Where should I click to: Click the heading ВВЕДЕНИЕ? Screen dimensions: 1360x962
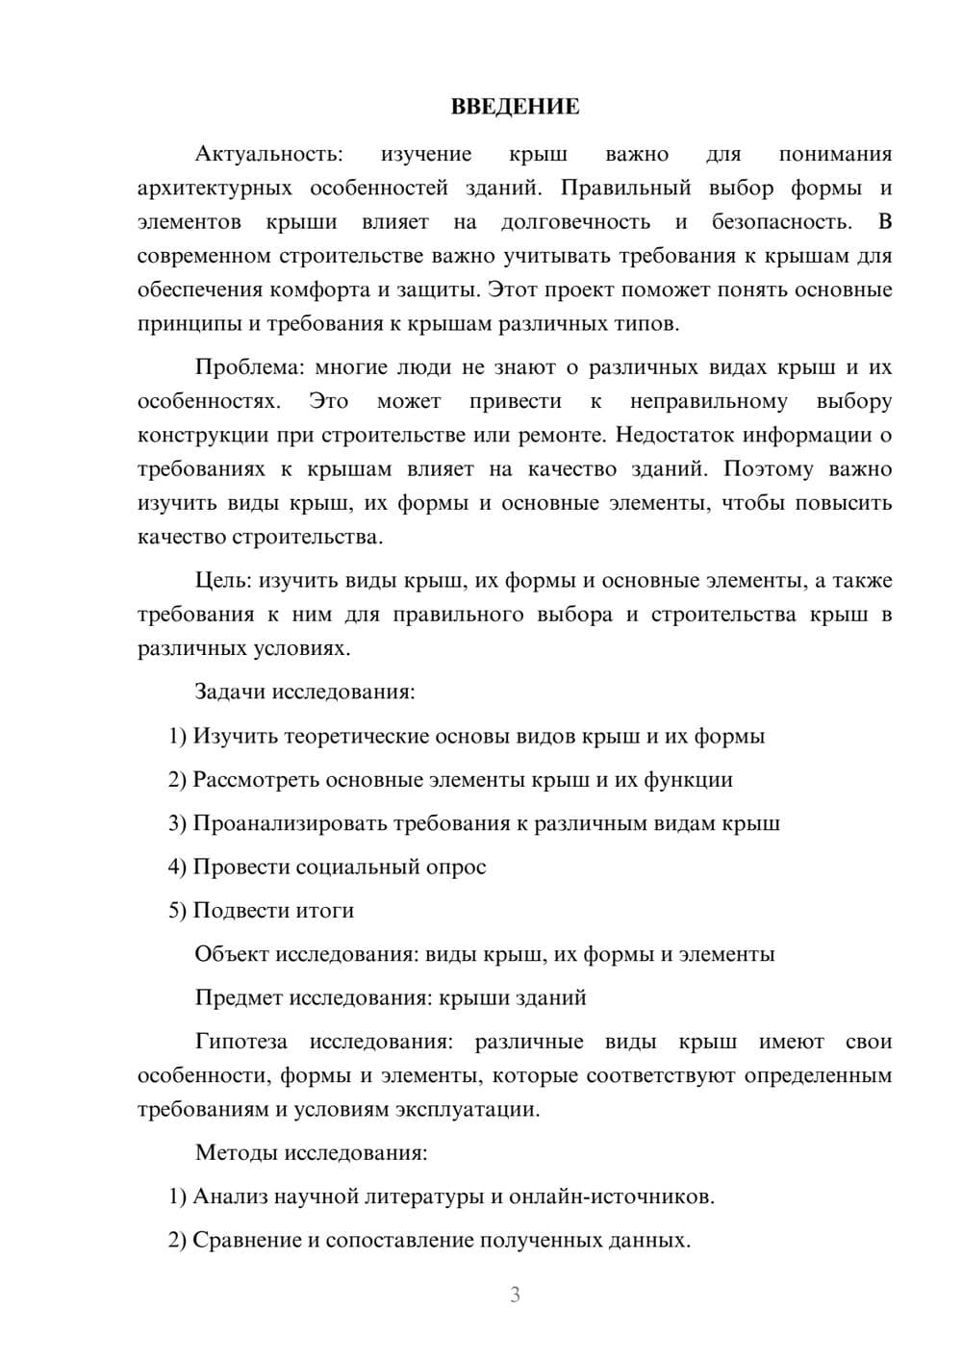[x=515, y=107]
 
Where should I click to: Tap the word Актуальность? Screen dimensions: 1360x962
[x=267, y=154]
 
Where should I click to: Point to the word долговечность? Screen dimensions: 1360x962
[x=575, y=222]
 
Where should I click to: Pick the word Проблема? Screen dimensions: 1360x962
[x=250, y=367]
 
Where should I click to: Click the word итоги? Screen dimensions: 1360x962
[x=327, y=910]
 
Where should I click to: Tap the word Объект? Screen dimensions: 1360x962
[x=232, y=954]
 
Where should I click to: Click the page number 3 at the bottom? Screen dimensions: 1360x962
[x=515, y=1295]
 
